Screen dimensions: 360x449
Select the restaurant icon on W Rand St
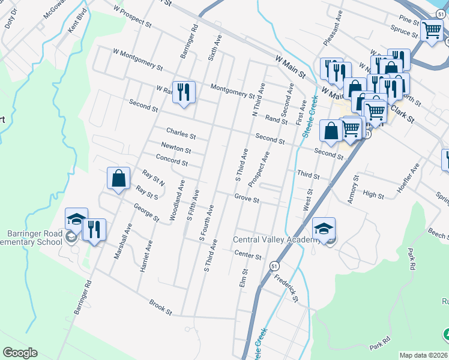pyautogui.click(x=184, y=92)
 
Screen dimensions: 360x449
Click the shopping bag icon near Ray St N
pyautogui.click(x=118, y=178)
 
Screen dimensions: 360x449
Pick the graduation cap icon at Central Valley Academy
pyautogui.click(x=323, y=229)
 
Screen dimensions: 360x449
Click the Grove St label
pyautogui.click(x=247, y=198)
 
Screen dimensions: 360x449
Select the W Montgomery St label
pyautogui.click(x=137, y=60)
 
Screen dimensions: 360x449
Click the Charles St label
pyautogui.click(x=181, y=133)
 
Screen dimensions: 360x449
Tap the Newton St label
pyautogui.click(x=176, y=148)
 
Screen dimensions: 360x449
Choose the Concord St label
pyautogui.click(x=172, y=160)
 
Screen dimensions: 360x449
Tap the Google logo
pyautogui.click(x=20, y=353)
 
